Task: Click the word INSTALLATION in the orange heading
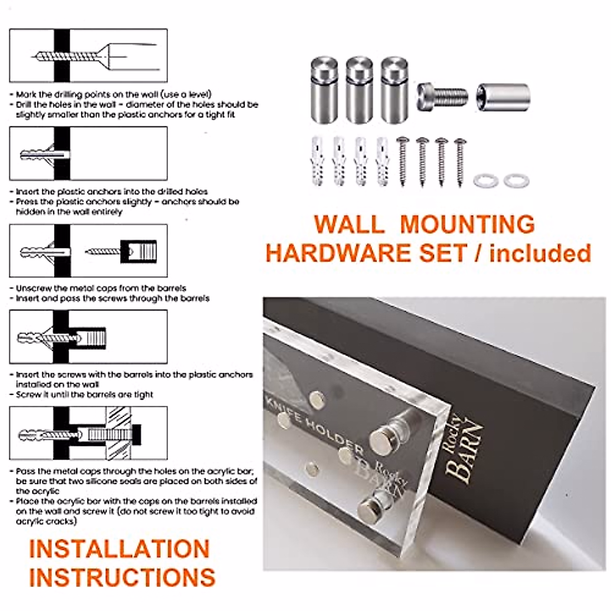(x=119, y=549)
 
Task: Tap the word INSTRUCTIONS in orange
(x=122, y=577)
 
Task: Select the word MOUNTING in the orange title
(x=467, y=224)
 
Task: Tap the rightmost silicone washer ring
(x=516, y=180)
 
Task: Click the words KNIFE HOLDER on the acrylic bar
(x=316, y=422)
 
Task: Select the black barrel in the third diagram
(x=138, y=251)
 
